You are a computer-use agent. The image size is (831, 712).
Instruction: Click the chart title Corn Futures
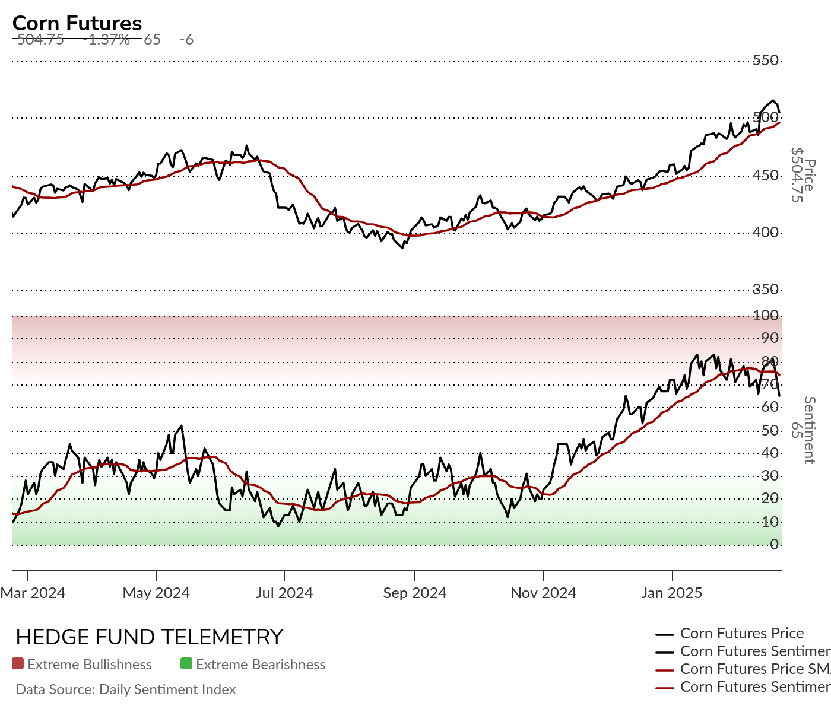pyautogui.click(x=77, y=23)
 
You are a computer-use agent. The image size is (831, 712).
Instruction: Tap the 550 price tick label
pyautogui.click(x=765, y=60)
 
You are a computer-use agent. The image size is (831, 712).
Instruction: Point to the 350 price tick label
pyautogui.click(x=765, y=289)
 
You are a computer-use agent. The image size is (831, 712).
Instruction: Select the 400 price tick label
pyautogui.click(x=765, y=232)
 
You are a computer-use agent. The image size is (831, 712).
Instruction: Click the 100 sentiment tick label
pyautogui.click(x=765, y=315)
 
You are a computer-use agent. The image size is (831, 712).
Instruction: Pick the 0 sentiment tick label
pyautogui.click(x=774, y=544)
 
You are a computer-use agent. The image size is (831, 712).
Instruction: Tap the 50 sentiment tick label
pyautogui.click(x=769, y=430)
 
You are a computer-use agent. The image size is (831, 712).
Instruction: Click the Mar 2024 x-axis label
pyautogui.click(x=33, y=593)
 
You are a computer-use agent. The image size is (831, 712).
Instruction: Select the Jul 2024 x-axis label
pyautogui.click(x=284, y=593)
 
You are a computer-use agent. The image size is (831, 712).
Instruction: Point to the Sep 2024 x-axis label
pyautogui.click(x=415, y=593)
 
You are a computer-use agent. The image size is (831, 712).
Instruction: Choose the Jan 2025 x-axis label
pyautogui.click(x=671, y=593)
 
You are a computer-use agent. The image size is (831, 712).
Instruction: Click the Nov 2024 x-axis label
pyautogui.click(x=543, y=593)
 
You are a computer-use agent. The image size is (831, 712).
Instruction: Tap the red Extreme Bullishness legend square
pyautogui.click(x=18, y=664)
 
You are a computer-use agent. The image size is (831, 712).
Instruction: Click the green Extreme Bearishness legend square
pyautogui.click(x=186, y=664)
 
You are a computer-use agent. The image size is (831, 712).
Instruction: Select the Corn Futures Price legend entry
pyautogui.click(x=742, y=634)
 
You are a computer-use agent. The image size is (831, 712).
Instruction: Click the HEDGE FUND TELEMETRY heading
pyautogui.click(x=149, y=637)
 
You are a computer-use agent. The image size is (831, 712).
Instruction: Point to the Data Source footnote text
pyautogui.click(x=126, y=689)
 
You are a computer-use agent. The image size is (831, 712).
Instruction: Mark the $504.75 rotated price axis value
pyautogui.click(x=797, y=175)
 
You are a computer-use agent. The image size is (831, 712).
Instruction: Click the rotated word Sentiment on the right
pyautogui.click(x=809, y=430)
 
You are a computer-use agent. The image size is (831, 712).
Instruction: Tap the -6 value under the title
pyautogui.click(x=186, y=40)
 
